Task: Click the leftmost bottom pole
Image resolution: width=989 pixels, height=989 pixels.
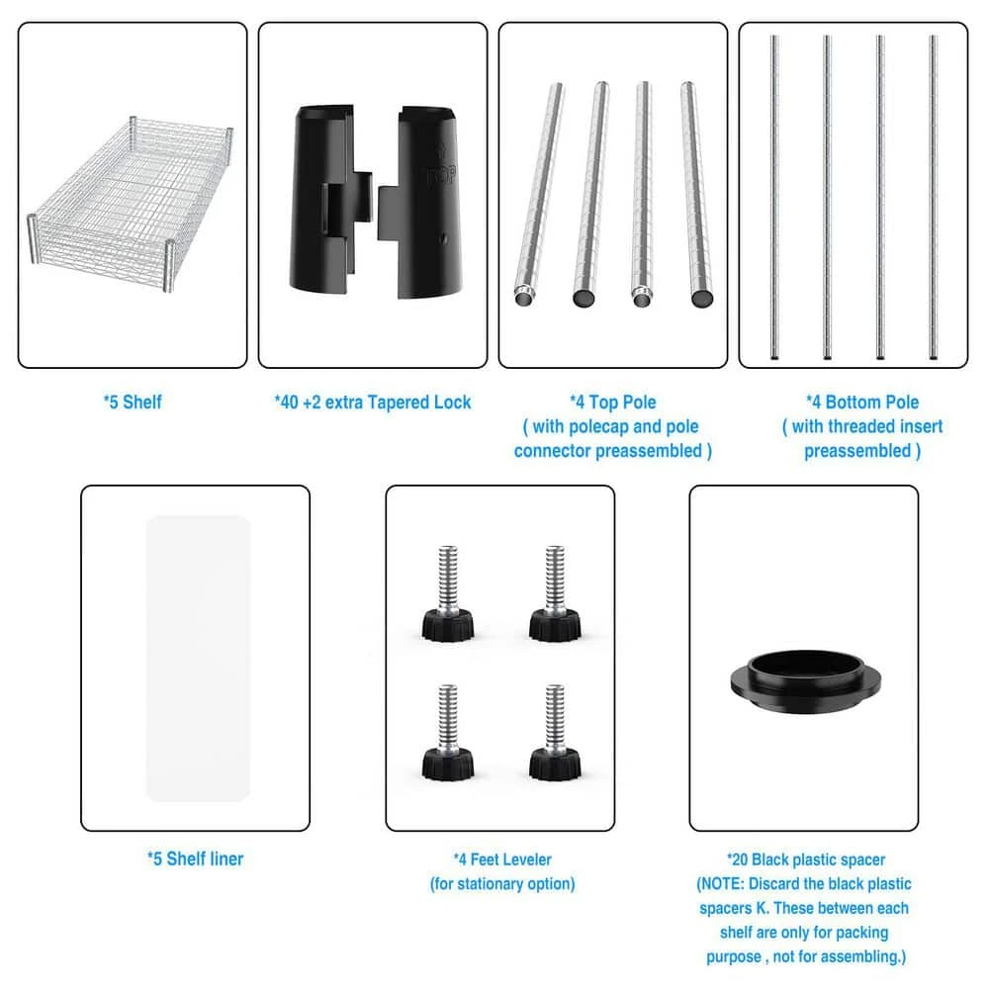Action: (775, 198)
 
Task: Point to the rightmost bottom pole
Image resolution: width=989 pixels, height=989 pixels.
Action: (933, 198)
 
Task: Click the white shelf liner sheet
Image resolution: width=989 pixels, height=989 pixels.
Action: (197, 658)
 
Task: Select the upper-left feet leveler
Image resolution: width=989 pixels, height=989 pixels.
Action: (447, 593)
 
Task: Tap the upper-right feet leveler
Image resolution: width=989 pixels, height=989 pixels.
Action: (553, 593)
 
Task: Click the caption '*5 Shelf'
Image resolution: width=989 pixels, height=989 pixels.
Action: (133, 403)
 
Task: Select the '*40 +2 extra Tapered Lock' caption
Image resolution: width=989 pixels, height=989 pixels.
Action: (373, 403)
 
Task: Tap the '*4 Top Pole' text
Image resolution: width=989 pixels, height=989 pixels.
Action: (612, 403)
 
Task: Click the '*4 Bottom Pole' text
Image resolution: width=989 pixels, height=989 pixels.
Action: (861, 403)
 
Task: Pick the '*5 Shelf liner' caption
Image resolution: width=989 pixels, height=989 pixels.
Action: (195, 858)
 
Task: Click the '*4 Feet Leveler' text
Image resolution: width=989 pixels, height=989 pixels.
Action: (502, 859)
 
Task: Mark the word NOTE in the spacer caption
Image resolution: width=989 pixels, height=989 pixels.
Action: (726, 883)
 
